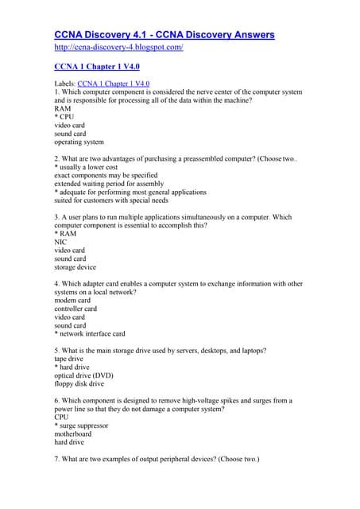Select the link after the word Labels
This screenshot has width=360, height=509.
click(114, 83)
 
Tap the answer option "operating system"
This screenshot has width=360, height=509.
click(79, 142)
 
